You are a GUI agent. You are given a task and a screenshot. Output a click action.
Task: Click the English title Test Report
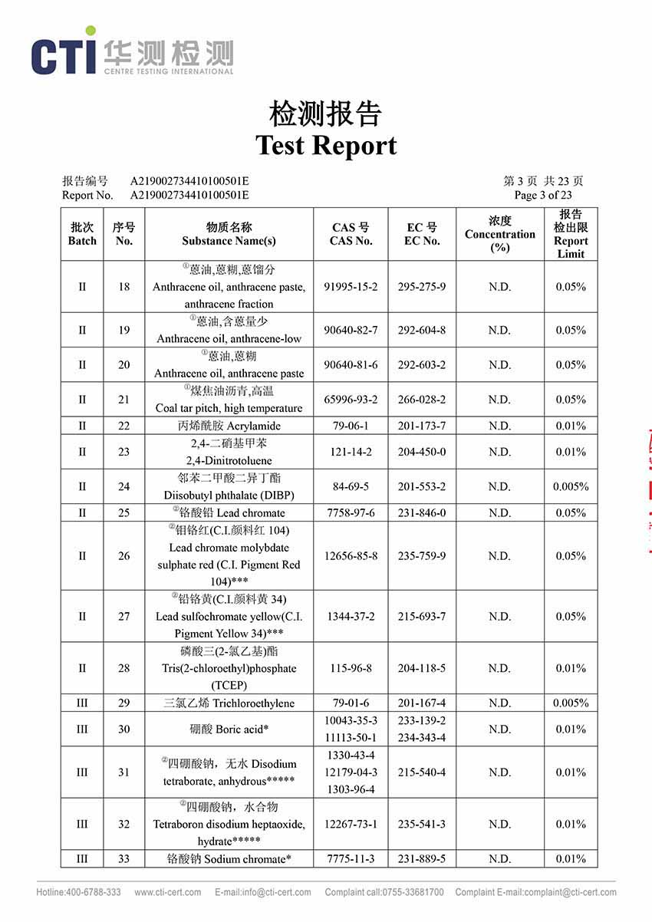click(326, 146)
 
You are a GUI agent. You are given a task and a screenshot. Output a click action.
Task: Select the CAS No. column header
click(351, 234)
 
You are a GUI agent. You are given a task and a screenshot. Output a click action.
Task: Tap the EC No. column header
click(422, 234)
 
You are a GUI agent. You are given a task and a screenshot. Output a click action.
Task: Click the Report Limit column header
click(571, 234)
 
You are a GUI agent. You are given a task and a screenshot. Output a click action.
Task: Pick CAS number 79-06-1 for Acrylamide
click(351, 426)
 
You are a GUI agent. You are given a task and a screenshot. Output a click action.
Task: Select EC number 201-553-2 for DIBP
click(421, 486)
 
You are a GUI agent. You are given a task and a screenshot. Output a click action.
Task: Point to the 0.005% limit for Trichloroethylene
click(571, 703)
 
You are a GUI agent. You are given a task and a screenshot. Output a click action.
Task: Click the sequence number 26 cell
click(123, 556)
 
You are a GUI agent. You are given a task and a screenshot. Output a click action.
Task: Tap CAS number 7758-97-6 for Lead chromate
click(351, 512)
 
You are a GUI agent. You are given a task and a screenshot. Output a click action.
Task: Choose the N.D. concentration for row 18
click(499, 287)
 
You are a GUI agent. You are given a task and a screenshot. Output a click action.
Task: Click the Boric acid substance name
click(229, 729)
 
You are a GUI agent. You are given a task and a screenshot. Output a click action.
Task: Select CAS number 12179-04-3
click(351, 772)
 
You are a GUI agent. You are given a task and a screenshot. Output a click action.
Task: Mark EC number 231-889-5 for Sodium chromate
click(421, 859)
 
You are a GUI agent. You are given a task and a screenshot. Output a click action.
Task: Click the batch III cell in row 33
click(82, 859)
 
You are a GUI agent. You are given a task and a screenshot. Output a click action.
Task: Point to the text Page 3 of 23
click(543, 195)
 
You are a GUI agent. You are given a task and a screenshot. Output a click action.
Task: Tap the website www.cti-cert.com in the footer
click(168, 892)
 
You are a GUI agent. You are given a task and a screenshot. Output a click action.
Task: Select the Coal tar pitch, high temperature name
click(229, 408)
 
